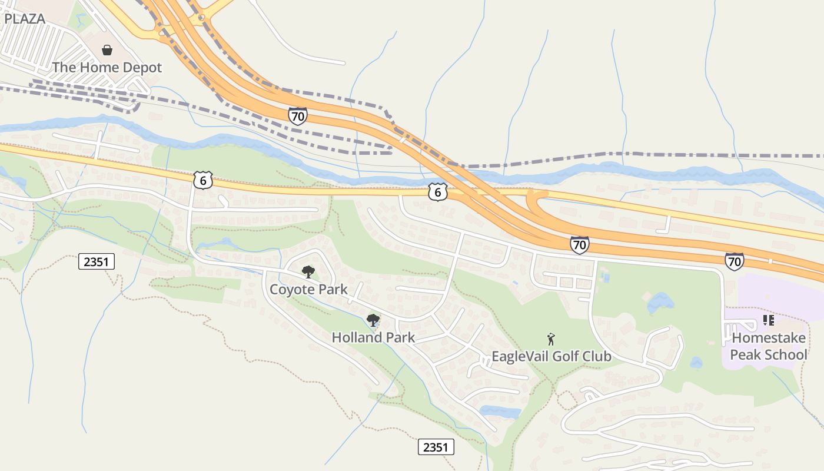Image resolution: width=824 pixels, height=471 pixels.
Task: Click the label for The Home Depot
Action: [107, 68]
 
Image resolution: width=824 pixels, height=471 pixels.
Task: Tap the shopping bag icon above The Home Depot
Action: [107, 50]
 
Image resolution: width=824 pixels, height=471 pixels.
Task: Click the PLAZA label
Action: [25, 18]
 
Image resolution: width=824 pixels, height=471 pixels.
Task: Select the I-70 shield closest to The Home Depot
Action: [298, 116]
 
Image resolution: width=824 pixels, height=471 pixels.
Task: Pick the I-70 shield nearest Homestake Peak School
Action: [734, 261]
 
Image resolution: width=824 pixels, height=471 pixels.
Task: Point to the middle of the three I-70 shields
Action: [579, 245]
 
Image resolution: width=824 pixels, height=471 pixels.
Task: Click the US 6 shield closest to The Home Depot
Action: [202, 180]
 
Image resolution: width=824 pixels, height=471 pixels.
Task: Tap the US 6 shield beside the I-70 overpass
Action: [437, 192]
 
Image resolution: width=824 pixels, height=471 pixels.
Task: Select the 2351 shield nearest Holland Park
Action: [436, 447]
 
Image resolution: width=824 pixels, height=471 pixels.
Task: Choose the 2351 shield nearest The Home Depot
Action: [97, 261]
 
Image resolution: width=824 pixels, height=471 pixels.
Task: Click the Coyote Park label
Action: [308, 290]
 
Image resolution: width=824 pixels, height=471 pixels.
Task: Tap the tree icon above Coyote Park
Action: [308, 271]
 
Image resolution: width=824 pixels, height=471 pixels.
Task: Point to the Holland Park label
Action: [373, 338]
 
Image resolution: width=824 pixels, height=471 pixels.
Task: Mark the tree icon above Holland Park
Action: [373, 320]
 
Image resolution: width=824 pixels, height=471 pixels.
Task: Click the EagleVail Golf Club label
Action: [551, 357]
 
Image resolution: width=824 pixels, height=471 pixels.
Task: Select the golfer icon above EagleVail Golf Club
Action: [551, 339]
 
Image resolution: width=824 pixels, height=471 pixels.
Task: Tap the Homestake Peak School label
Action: [769, 347]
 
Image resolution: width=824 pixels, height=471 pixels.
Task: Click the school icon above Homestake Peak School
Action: [768, 320]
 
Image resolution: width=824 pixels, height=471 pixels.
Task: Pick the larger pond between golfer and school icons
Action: [660, 303]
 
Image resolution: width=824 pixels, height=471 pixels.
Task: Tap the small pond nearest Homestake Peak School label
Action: [696, 363]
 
